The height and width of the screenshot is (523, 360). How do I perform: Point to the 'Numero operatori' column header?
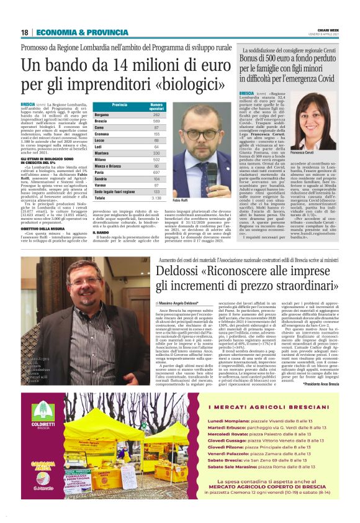[156, 106]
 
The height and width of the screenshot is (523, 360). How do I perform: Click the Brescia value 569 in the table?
[156, 121]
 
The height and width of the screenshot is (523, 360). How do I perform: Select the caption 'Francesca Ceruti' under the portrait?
[321, 152]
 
